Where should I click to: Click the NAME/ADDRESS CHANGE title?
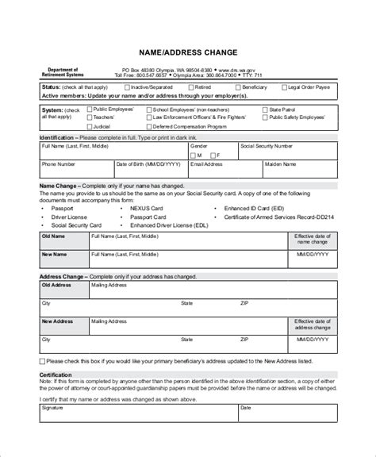(188, 53)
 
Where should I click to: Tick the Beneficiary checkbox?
(236, 86)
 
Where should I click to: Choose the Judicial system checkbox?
(88, 125)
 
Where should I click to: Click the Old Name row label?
(54, 236)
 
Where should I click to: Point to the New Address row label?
(58, 321)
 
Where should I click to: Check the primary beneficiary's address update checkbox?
(43, 360)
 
